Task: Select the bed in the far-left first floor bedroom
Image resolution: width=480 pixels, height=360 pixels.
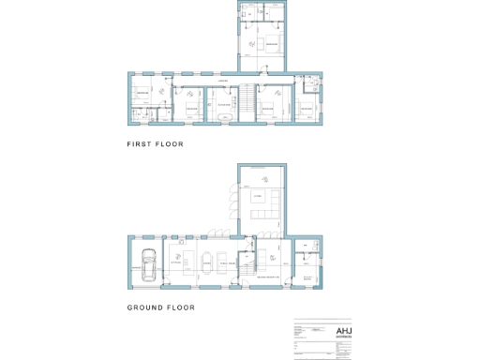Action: tap(142, 95)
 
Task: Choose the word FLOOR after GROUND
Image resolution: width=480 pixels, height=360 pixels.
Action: tap(179, 307)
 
